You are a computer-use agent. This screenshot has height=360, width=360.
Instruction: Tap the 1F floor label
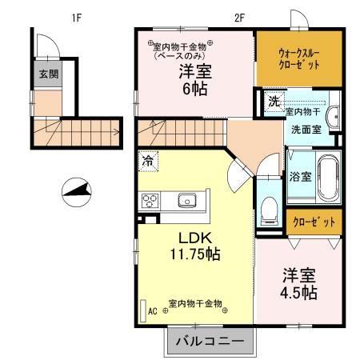(x=77, y=17)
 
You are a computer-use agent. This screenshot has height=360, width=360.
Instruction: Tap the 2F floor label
(x=239, y=17)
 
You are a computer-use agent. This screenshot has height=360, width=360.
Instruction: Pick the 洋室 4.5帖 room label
(x=298, y=283)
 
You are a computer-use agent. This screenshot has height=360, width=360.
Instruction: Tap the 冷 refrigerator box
(x=148, y=161)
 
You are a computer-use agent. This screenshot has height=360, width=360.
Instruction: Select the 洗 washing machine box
(x=274, y=101)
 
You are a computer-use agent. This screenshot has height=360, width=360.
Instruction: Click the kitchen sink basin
(x=187, y=201)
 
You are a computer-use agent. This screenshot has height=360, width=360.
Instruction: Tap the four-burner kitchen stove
(x=150, y=201)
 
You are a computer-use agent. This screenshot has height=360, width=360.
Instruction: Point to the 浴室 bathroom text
(x=300, y=176)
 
